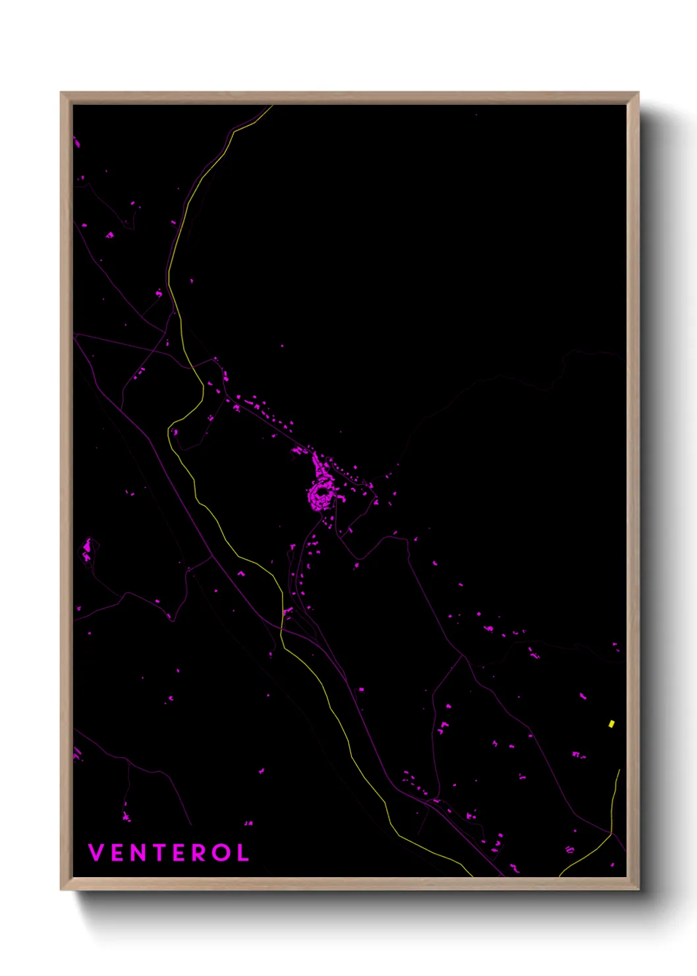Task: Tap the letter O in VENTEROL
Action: tap(221, 853)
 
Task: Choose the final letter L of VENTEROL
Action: tap(243, 853)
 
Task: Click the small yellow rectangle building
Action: tap(611, 723)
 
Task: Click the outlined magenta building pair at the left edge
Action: tap(88, 550)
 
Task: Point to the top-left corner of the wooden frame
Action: tap(61, 93)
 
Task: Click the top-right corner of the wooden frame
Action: tap(638, 93)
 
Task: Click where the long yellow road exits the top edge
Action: tap(271, 106)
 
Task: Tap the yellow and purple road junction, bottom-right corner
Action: tap(611, 834)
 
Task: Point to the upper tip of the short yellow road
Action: tap(619, 770)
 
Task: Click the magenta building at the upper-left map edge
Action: tap(76, 142)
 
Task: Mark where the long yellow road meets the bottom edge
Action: tap(472, 876)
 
